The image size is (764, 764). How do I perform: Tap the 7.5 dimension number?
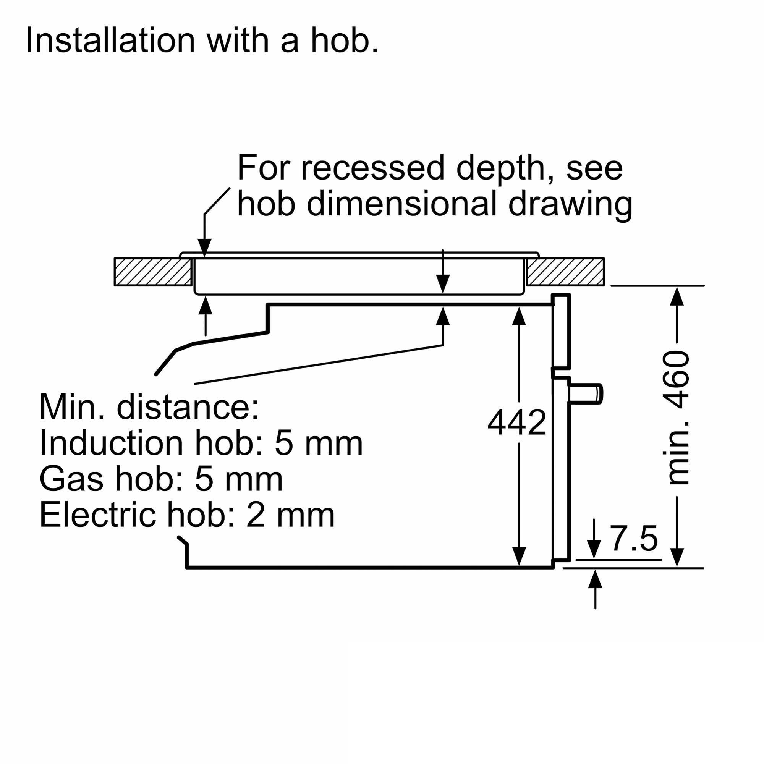pyautogui.click(x=634, y=538)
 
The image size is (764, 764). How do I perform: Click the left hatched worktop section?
pyautogui.click(x=153, y=272)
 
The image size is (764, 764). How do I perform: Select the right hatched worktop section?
pyautogui.click(x=565, y=272)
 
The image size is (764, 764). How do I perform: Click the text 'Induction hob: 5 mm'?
pyautogui.click(x=201, y=443)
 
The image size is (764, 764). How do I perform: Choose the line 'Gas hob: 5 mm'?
pyautogui.click(x=161, y=479)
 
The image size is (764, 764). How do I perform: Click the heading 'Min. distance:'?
pyautogui.click(x=149, y=407)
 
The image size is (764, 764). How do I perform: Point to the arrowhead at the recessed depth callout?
pyautogui.click(x=204, y=248)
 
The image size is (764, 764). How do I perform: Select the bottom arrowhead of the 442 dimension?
pyautogui.click(x=519, y=557)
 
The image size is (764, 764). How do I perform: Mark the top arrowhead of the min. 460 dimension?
pyautogui.click(x=677, y=296)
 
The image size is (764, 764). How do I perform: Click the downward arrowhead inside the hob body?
pyautogui.click(x=443, y=283)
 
